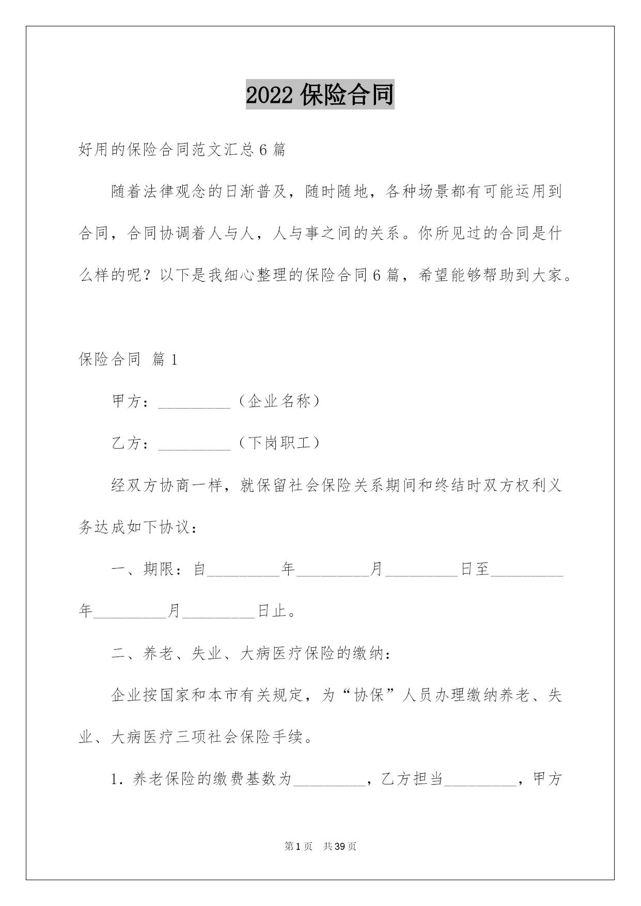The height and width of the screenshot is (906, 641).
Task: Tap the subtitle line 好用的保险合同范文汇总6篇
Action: pyautogui.click(x=182, y=150)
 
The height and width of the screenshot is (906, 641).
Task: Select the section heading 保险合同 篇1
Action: pyautogui.click(x=128, y=360)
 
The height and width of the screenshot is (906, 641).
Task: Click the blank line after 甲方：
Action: pyautogui.click(x=194, y=403)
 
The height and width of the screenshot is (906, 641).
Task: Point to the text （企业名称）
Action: pyautogui.click(x=279, y=401)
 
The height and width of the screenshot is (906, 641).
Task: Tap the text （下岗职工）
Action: pyautogui.click(x=279, y=443)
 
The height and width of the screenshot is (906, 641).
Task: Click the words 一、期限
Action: pyautogui.click(x=143, y=569)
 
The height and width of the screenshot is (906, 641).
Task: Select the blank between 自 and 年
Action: pyautogui.click(x=243, y=571)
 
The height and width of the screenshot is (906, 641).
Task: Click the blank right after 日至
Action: pyautogui.click(x=526, y=571)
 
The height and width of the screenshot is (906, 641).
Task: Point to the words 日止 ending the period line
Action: pyautogui.click(x=272, y=611)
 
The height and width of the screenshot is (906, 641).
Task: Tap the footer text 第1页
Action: pyautogui.click(x=299, y=847)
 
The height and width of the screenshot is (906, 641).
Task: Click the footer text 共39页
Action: pyautogui.click(x=340, y=847)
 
